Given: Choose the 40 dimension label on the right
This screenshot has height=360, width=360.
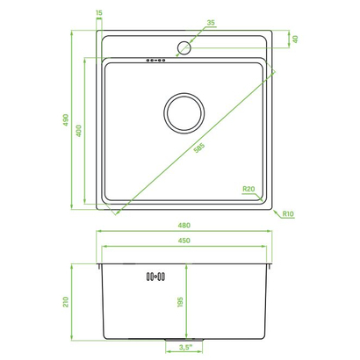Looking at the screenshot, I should (296, 39).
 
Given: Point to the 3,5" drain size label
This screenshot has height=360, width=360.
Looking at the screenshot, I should (184, 349).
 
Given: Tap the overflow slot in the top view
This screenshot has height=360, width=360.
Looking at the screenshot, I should (155, 60).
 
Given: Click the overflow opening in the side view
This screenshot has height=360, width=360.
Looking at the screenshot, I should (155, 277).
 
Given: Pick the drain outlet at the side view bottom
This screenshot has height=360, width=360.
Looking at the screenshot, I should (184, 339).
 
